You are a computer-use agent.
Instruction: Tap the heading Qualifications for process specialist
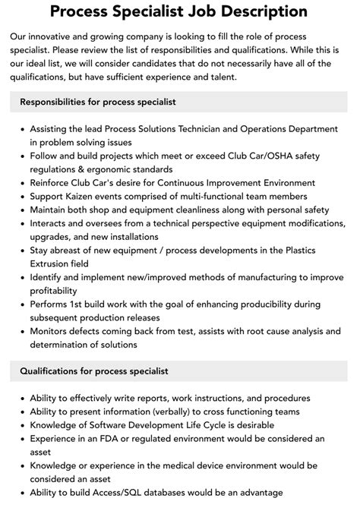[94, 371]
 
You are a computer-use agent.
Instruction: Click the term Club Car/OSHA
[257, 156]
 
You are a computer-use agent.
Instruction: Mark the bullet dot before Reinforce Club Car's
[21, 183]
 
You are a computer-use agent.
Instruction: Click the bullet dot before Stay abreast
[21, 251]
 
